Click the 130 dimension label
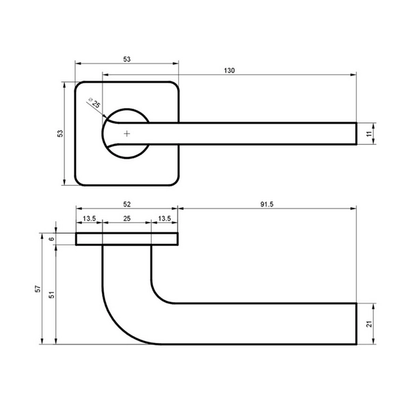[x=229, y=70]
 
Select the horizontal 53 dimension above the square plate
[x=127, y=59]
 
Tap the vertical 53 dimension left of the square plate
[x=60, y=133]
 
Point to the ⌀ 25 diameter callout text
[x=94, y=102]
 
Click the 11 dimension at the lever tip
[x=369, y=134]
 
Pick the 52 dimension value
[x=127, y=204]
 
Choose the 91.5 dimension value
[x=266, y=204]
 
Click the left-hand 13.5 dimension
[x=90, y=219]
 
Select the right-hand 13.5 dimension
[x=165, y=219]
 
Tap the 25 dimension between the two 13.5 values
[x=127, y=219]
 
